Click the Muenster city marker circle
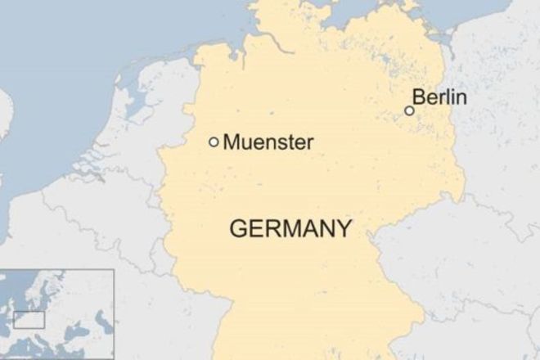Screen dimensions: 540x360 (x=214, y=142)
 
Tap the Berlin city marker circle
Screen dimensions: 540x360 (x=409, y=110)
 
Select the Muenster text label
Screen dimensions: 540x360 (x=268, y=142)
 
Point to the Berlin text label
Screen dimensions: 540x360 (x=440, y=98)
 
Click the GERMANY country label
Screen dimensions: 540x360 (x=290, y=228)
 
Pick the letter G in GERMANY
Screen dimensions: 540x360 (x=240, y=228)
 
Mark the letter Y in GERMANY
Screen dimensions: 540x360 (x=344, y=228)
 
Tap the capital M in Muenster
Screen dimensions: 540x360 (x=232, y=142)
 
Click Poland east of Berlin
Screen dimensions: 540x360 (x=499, y=123)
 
